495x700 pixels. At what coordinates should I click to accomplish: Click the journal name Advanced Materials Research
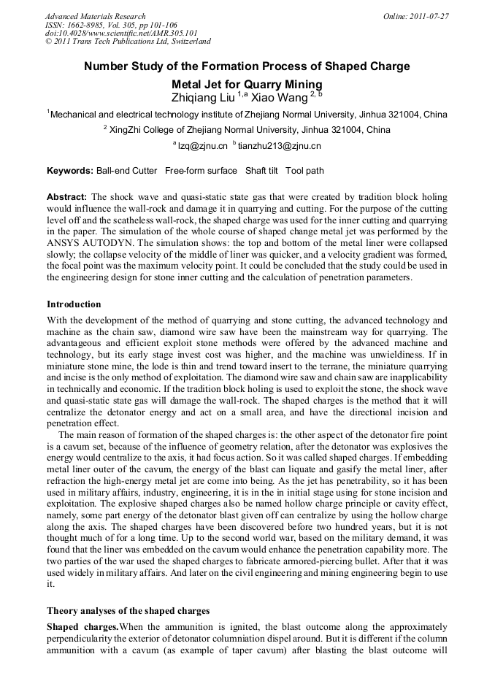click(x=95, y=16)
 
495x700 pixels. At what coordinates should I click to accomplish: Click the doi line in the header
click(x=121, y=33)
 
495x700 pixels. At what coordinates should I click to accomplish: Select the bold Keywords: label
click(x=69, y=171)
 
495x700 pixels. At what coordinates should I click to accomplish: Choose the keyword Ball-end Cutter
click(x=126, y=171)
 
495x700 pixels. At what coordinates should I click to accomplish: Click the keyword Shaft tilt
click(x=265, y=171)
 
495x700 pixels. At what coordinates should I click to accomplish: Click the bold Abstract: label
click(x=67, y=197)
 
